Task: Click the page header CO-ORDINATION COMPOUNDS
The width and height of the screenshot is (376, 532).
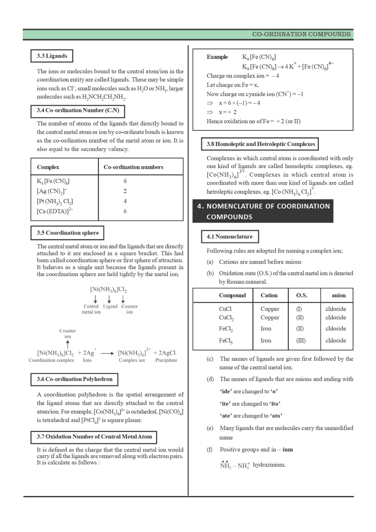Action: pyautogui.click(x=301, y=34)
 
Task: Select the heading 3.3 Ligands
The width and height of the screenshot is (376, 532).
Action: pyautogui.click(x=52, y=56)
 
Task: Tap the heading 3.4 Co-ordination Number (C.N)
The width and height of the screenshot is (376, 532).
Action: pyautogui.click(x=78, y=110)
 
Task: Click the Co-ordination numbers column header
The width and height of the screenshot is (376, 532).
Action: pyautogui.click(x=133, y=167)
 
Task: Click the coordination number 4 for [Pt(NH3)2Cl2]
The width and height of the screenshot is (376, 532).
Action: pyautogui.click(x=125, y=201)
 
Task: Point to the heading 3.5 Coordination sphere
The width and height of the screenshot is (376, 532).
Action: pyautogui.click(x=67, y=233)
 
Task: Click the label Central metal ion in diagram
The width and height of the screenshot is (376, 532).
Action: pyautogui.click(x=91, y=309)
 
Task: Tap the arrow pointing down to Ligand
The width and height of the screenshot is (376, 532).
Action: pyautogui.click(x=110, y=299)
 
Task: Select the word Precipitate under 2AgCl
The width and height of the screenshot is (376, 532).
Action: pyautogui.click(x=166, y=360)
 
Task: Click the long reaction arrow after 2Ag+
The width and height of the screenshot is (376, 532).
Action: pyautogui.click(x=107, y=353)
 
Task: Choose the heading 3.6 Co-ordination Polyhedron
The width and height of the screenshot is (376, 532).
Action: pyautogui.click(x=74, y=379)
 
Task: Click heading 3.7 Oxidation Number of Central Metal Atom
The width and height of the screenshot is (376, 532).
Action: pyautogui.click(x=94, y=437)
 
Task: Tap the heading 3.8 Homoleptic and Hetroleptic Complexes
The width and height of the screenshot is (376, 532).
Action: pyautogui.click(x=260, y=144)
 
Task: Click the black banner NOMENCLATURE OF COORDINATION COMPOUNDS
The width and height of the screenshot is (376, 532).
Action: pyautogui.click(x=263, y=211)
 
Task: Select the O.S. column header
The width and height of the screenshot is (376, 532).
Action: pyautogui.click(x=302, y=295)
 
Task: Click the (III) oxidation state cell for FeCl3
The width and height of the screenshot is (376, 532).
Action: pyautogui.click(x=301, y=341)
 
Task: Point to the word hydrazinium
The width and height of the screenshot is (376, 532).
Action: pyautogui.click(x=269, y=465)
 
